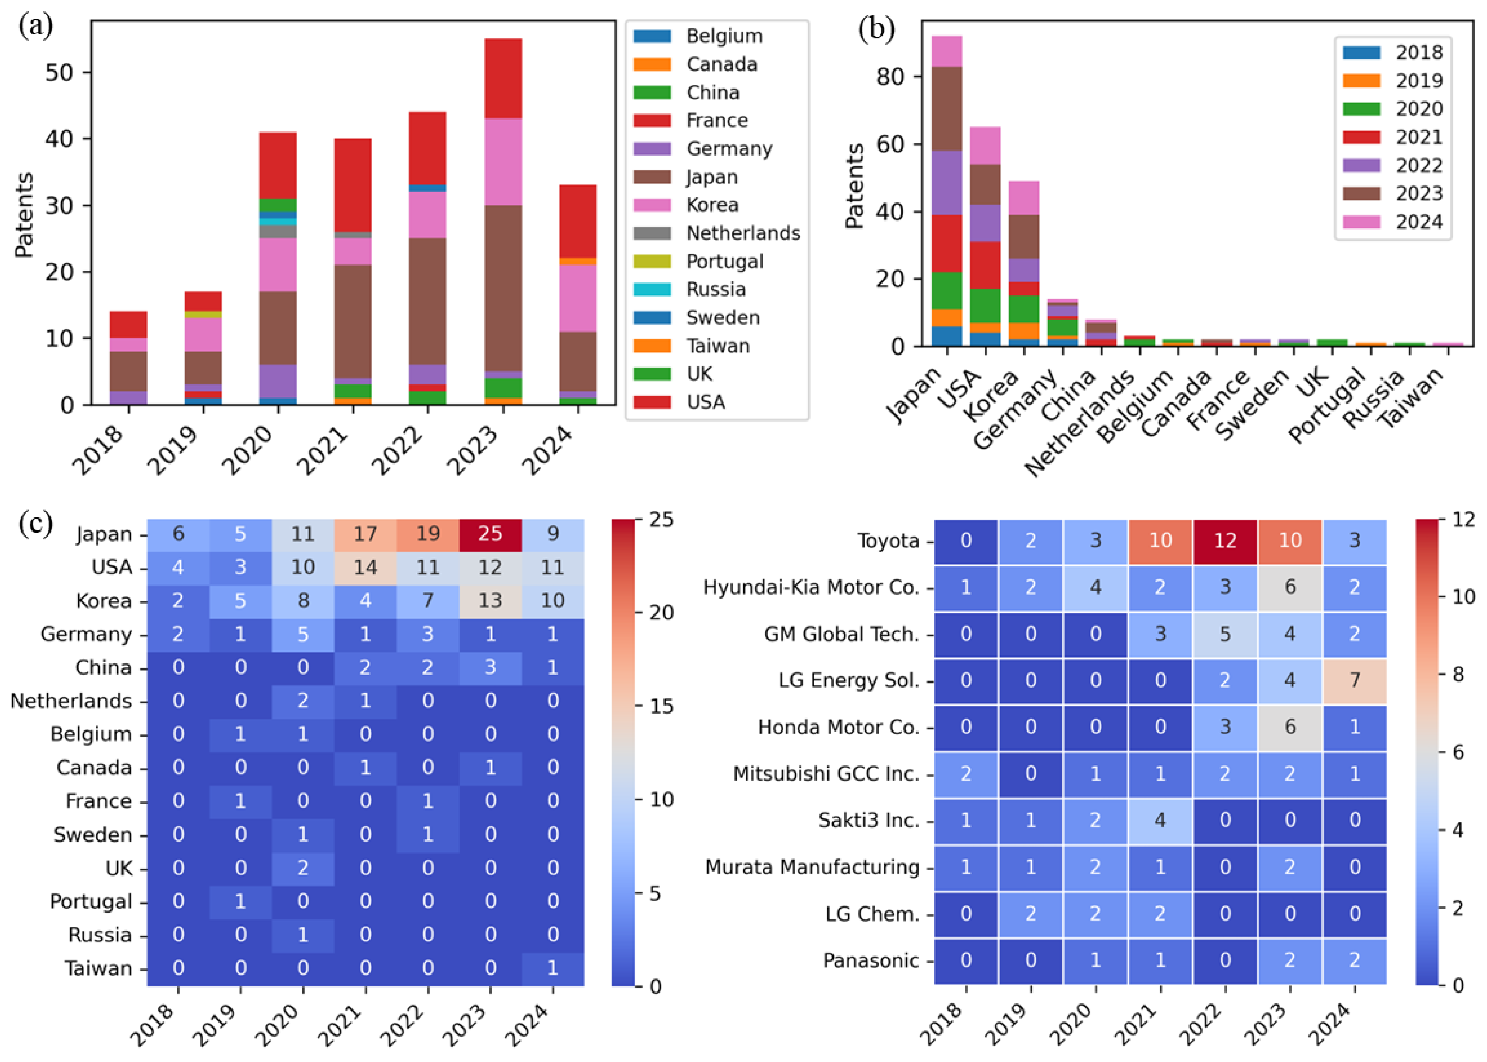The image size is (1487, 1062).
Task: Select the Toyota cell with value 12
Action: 1225,541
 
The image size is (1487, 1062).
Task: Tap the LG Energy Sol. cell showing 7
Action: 1354,681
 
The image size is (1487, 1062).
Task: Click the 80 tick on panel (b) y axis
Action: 889,77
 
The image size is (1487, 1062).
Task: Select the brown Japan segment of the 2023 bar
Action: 503,288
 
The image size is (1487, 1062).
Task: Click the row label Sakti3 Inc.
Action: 868,820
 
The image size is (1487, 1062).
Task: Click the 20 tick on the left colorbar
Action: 660,613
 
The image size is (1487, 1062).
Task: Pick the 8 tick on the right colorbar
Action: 1457,674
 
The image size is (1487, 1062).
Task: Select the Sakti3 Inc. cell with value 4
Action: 1160,820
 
